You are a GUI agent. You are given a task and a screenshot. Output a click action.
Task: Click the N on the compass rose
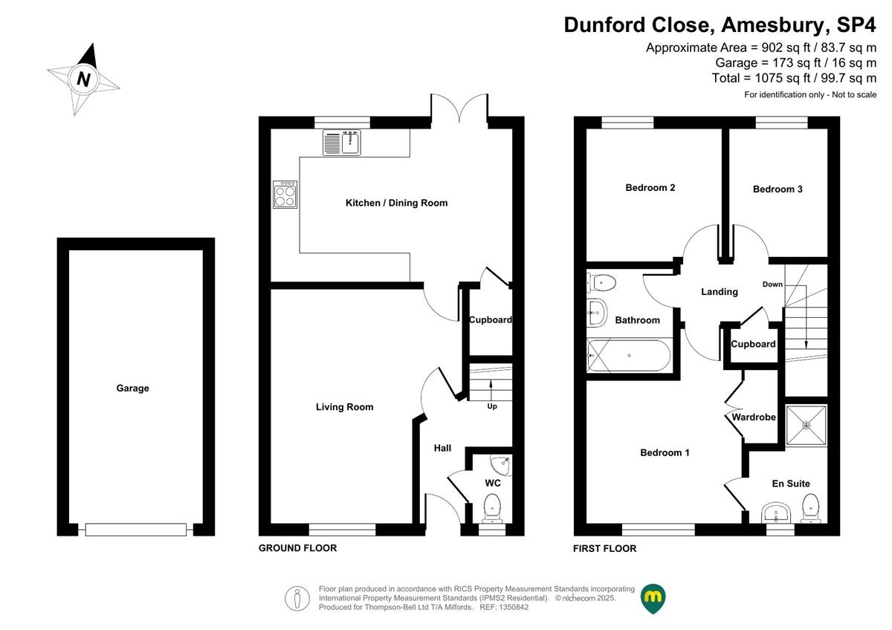[83, 79]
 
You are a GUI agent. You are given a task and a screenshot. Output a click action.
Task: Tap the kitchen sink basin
[350, 143]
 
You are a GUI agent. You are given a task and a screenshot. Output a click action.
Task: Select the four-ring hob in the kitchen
[285, 195]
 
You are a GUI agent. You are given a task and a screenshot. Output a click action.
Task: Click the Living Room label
[344, 406]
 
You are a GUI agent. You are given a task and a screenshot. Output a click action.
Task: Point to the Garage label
[132, 388]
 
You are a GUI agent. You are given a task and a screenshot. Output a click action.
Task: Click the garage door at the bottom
[136, 529]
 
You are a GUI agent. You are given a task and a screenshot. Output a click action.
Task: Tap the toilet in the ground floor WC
[493, 509]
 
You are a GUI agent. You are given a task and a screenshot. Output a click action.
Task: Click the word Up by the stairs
[492, 406]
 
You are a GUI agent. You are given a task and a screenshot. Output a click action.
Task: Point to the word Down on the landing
[772, 284]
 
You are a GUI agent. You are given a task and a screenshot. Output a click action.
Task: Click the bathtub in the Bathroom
[629, 355]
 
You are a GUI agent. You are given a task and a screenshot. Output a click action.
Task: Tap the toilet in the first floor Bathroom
[601, 283]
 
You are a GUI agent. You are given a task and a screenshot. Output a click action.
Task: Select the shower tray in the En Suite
[807, 425]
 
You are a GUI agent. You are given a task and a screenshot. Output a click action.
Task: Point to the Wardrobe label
[754, 417]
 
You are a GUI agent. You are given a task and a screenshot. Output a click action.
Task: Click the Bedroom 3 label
[778, 189]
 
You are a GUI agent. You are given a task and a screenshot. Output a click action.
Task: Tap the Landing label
[720, 292]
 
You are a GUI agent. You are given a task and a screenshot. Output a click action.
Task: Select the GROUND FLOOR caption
[298, 548]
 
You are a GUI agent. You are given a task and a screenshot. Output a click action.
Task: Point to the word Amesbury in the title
[772, 25]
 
